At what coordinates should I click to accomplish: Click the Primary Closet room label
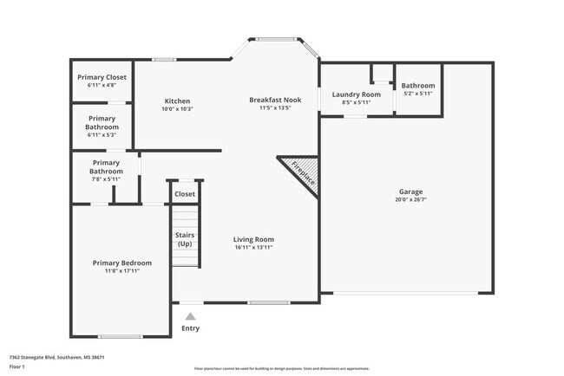pyautogui.click(x=102, y=77)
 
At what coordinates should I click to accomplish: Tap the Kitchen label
pyautogui.click(x=177, y=100)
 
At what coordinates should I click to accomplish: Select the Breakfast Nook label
pyautogui.click(x=274, y=100)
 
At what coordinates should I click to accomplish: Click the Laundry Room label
pyautogui.click(x=357, y=94)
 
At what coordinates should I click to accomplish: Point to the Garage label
pyautogui.click(x=411, y=191)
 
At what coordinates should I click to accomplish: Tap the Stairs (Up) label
pyautogui.click(x=185, y=239)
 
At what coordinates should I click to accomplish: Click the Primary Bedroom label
pyautogui.click(x=122, y=263)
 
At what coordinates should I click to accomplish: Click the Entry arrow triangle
pyautogui.click(x=190, y=316)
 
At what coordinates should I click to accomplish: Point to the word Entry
pyautogui.click(x=190, y=327)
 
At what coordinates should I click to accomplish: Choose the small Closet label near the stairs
pyautogui.click(x=185, y=194)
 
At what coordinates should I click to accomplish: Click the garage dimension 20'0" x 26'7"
pyautogui.click(x=411, y=199)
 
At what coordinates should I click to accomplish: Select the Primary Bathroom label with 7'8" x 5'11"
pyautogui.click(x=106, y=166)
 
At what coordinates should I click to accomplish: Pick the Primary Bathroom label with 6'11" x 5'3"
pyautogui.click(x=102, y=122)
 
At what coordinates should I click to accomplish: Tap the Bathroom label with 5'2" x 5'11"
pyautogui.click(x=417, y=86)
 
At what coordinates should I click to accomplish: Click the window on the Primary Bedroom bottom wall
pyautogui.click(x=120, y=336)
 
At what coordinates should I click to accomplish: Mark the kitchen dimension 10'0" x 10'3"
pyautogui.click(x=177, y=109)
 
